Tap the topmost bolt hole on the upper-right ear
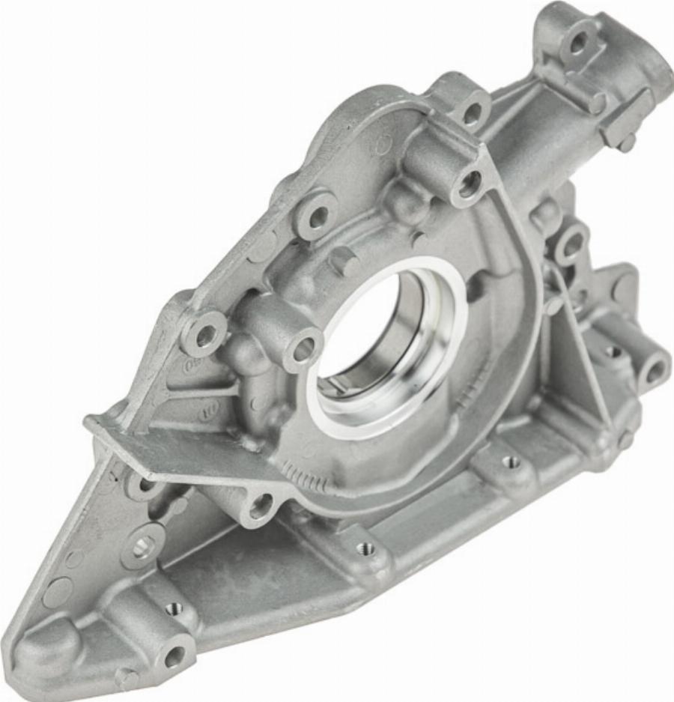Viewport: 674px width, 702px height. click(x=578, y=43)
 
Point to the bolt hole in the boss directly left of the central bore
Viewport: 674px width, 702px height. click(x=303, y=349)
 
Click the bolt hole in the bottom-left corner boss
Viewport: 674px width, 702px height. click(x=174, y=656)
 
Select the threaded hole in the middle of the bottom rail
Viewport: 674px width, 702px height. click(x=365, y=548)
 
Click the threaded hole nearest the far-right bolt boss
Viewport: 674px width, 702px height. click(x=613, y=351)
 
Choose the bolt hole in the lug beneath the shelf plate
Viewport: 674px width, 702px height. click(x=260, y=506)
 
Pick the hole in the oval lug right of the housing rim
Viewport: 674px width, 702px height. click(x=571, y=244)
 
